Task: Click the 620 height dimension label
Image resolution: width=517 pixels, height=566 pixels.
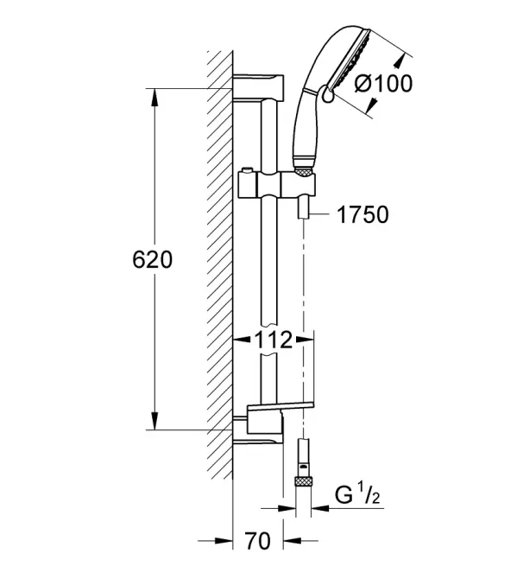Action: pos(152,259)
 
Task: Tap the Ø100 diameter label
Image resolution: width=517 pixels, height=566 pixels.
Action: pos(383,84)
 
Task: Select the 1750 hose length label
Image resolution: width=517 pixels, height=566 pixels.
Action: pos(363,214)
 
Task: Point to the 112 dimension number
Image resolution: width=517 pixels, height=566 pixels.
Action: pos(274,340)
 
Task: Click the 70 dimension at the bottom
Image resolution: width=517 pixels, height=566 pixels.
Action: pos(257,541)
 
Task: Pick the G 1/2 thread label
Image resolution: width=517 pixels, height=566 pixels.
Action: pos(357,495)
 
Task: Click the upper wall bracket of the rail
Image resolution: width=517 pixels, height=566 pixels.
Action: pos(258,88)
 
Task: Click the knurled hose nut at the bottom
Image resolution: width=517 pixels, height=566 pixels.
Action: pos(303,482)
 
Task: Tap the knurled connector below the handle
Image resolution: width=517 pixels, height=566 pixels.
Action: pos(305,171)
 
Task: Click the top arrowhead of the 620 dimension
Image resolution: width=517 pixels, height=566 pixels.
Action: pos(154,98)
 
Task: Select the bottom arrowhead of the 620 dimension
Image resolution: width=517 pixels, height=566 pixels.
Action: pos(154,421)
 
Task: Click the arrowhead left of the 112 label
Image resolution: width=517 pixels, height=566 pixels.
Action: pos(242,340)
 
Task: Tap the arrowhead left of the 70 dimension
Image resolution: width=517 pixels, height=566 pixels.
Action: pos(224,541)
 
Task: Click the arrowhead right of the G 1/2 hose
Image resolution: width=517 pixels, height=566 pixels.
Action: pos(320,508)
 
